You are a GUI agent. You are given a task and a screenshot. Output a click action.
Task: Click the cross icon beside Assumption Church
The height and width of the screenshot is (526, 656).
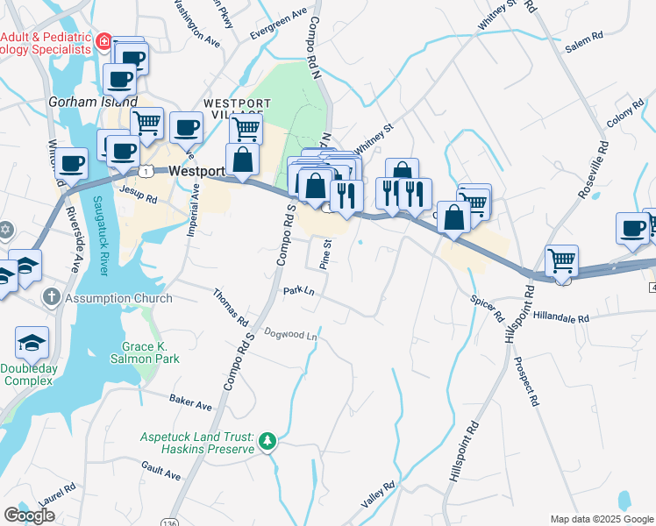click(x=51, y=297)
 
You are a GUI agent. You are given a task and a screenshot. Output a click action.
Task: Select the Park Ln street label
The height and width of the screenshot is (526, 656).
click(x=298, y=291)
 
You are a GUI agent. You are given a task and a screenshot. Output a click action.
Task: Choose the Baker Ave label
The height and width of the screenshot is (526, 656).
click(x=190, y=401)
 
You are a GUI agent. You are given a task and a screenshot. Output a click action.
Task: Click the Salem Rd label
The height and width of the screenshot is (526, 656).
click(x=585, y=41)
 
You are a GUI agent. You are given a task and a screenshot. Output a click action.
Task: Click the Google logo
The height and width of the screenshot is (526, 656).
click(x=29, y=515)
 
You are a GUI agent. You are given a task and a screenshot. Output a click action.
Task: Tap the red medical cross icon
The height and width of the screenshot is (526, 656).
click(x=103, y=40)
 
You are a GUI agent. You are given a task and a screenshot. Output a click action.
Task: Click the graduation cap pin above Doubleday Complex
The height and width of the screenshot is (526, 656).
click(x=32, y=341)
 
